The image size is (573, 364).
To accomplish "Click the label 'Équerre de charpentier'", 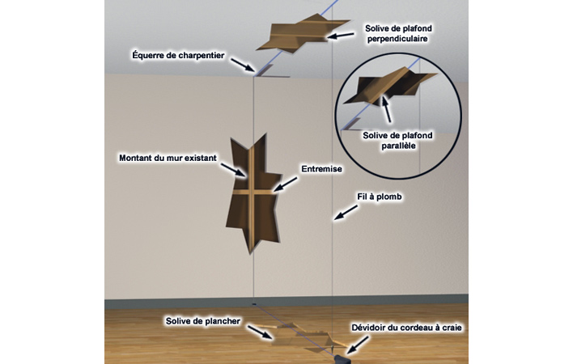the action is point(178,56).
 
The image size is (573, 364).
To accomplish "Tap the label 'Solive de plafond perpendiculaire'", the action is point(398,34).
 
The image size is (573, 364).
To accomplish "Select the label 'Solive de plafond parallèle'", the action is point(397,141).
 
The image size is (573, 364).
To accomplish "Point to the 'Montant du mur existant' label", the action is point(168,158).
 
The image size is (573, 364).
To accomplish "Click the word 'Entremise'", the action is point(321,169).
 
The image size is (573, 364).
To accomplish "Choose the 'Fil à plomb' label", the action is point(380,197).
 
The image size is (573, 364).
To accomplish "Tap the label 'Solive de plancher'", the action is point(203,321).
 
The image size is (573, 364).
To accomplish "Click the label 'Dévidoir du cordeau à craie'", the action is point(406,328).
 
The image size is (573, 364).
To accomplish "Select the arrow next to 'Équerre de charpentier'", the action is point(243,65).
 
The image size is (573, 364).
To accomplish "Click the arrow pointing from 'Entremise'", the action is point(285,184).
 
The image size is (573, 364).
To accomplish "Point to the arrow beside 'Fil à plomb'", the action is point(346,213).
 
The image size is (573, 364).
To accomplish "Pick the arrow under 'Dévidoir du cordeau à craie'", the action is point(357,345).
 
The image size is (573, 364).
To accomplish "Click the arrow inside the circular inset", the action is point(386,108).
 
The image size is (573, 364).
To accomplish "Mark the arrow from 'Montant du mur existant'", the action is point(233,170).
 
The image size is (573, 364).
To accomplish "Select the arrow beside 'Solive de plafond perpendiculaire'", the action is point(341,36).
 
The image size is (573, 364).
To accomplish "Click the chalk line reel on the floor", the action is point(342,358).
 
